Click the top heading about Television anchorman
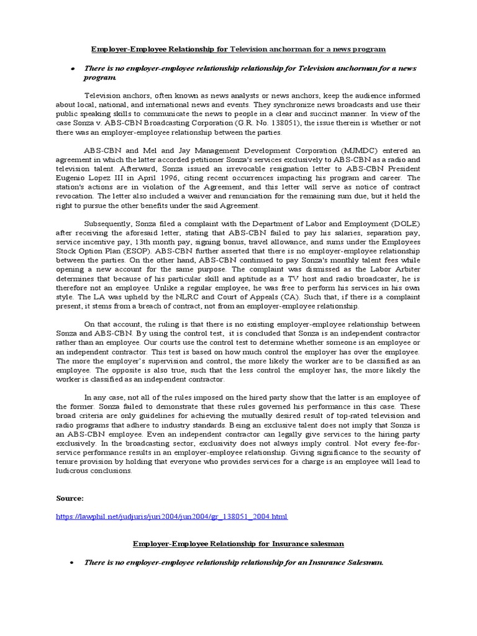click(238, 48)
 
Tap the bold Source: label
click(70, 498)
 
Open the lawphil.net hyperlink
click(172, 516)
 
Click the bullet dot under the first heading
click(73, 68)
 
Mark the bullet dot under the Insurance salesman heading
click(73, 562)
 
